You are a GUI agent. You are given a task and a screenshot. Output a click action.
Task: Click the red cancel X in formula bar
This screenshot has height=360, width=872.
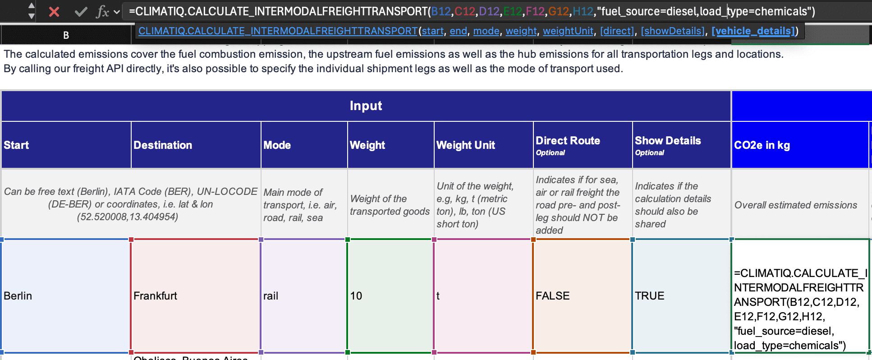tap(54, 12)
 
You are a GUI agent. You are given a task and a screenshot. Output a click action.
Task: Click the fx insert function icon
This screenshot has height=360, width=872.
tap(103, 12)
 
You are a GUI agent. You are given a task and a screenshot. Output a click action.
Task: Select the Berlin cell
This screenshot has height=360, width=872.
tap(66, 296)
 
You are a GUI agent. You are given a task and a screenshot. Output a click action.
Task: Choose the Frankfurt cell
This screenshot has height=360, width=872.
tap(195, 296)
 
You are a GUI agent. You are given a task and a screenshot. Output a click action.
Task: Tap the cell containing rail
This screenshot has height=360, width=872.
tap(303, 296)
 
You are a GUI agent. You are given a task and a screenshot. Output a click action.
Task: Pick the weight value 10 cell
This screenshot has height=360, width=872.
tap(390, 296)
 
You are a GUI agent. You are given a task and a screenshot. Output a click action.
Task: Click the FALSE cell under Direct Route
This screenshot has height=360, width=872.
tap(582, 296)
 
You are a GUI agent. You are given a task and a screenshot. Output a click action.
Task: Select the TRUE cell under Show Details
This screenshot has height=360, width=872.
tap(681, 296)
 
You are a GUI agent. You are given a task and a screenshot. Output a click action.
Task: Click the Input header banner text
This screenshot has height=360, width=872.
tap(366, 106)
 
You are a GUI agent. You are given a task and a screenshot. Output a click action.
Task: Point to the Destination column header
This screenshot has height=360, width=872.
tap(163, 145)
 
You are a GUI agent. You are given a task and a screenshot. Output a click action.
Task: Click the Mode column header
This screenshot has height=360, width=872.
tap(277, 145)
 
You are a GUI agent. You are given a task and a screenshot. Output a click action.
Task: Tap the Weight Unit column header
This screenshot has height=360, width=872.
tap(465, 145)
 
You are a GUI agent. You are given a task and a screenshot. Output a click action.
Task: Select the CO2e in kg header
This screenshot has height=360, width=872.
tap(762, 145)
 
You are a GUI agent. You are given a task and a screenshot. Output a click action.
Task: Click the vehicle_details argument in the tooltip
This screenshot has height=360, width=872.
tap(753, 31)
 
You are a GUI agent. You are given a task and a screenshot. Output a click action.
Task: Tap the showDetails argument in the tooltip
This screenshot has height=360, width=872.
tap(673, 31)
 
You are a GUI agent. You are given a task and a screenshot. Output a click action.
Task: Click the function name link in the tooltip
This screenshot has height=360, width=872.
tap(278, 31)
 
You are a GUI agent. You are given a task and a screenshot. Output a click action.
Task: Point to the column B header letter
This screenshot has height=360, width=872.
tap(66, 35)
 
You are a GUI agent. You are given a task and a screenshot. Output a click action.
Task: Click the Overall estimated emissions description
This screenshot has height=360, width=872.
tap(796, 205)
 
